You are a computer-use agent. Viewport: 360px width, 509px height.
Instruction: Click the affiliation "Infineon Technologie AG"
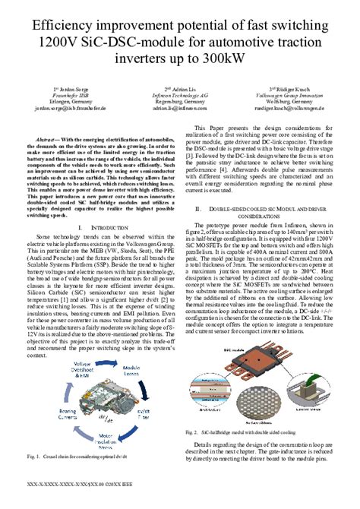point(179,96)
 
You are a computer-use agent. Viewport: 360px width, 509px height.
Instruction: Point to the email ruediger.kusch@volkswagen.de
point(292,109)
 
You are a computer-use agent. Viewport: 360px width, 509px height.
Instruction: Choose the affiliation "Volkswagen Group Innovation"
point(292,96)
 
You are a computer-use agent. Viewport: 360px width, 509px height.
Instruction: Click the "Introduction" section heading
point(105,227)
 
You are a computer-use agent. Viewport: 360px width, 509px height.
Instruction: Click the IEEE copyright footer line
point(81,502)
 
